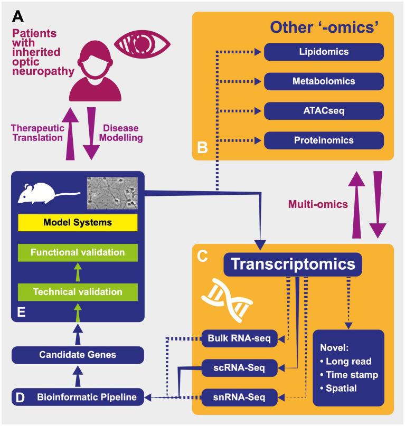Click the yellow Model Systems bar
[x=78, y=223]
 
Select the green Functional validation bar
[x=78, y=252]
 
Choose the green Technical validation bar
[x=78, y=291]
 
